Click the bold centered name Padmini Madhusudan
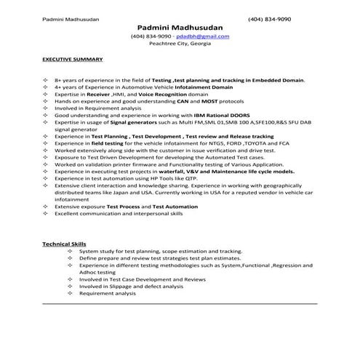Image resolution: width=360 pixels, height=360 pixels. (180, 26)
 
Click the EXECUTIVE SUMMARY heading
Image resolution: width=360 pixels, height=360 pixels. (72, 59)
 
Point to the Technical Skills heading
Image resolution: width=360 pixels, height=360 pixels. (65, 244)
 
